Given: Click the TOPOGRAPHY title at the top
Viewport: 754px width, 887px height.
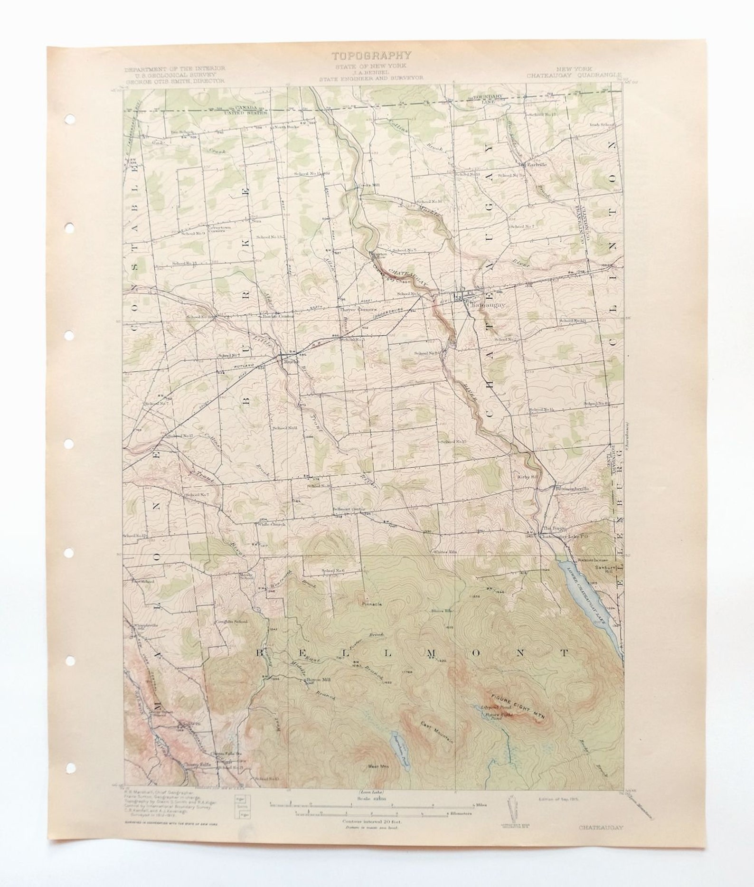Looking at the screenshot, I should point(371,56).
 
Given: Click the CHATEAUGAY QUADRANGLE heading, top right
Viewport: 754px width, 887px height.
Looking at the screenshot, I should point(574,75).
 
